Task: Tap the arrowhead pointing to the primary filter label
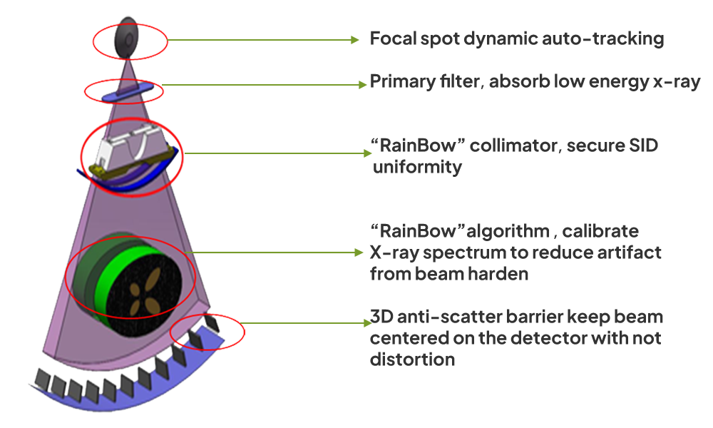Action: tap(362, 85)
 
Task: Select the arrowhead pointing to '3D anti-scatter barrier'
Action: tap(365, 323)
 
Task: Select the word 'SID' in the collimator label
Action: tap(643, 148)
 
